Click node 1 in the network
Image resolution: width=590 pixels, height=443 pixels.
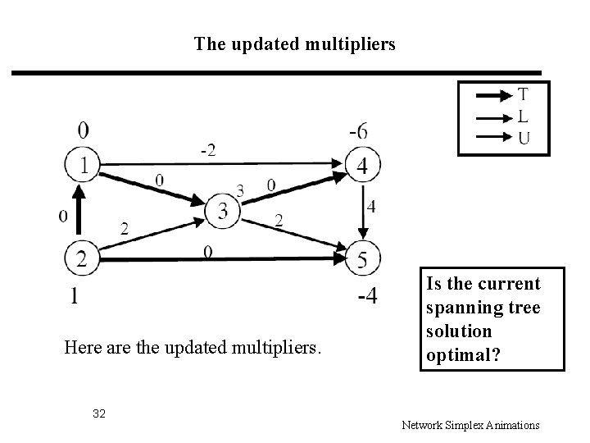pos(83,165)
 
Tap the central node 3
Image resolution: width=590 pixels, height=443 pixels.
pos(224,212)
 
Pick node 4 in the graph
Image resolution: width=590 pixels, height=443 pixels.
pos(361,165)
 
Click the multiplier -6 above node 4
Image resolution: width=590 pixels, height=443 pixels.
pos(358,131)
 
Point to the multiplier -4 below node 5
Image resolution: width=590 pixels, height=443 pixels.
pos(367,296)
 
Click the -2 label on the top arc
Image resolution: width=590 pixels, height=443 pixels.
pos(209,149)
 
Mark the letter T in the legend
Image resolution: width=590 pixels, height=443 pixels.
pos(523,94)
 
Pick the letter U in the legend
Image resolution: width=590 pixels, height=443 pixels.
pos(523,138)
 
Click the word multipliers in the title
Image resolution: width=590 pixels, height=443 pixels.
pos(351,43)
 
